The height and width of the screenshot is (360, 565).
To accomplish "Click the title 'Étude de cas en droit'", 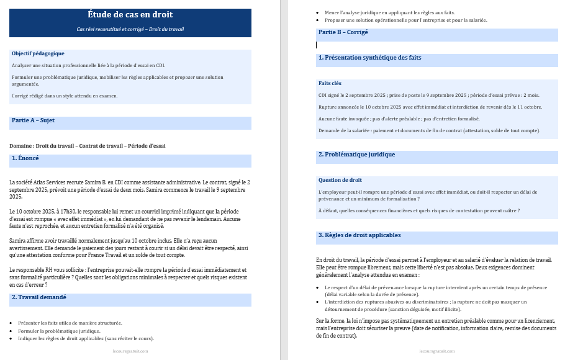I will pos(130,14).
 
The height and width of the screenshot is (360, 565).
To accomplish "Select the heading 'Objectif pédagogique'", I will pos(38,53).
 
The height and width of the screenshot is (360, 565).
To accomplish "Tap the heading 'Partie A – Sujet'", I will pos(33,120).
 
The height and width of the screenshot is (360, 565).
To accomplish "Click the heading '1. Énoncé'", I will pos(25,158).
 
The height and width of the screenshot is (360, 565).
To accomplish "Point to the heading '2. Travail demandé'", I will pos(38,297).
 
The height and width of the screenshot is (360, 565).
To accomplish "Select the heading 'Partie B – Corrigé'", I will pos(343,32).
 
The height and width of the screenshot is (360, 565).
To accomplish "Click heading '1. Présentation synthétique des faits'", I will pos(370,58).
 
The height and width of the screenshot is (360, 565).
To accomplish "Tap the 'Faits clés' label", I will pos(330,83).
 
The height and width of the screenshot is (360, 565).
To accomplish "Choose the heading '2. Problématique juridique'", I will pos(356,155).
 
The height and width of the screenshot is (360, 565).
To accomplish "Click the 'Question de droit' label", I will pos(340,180).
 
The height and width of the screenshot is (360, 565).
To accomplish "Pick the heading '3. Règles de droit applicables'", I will pos(359,235).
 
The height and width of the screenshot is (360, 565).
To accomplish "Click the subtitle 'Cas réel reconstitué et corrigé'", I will pos(130,29).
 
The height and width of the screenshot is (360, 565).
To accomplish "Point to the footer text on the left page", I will pos(130,351).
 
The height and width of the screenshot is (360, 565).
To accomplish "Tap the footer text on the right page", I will pos(437,351).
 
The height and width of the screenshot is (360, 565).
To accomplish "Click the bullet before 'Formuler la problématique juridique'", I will pos(12,331).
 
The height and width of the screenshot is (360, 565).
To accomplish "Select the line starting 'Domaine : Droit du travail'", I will pos(88,146).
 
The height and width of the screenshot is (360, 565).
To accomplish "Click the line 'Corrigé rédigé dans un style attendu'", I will pos(65,96).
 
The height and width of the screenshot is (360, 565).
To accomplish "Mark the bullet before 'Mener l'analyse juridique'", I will pos(319,12).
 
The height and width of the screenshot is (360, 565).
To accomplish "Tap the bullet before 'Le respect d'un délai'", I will pos(319,288).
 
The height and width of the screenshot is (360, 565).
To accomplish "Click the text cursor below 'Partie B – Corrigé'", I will pos(317,45).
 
